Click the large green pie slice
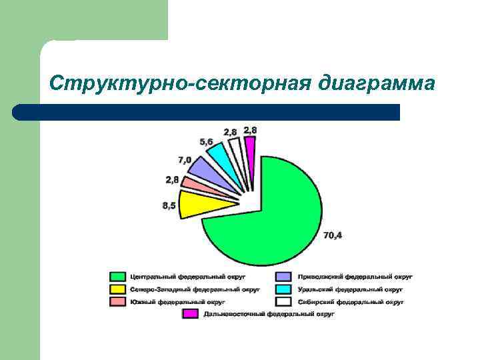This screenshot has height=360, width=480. [x=280, y=213]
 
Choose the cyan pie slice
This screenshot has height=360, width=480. [x=220, y=156]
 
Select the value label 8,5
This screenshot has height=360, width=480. [x=169, y=206]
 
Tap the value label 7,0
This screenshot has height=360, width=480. [x=185, y=160]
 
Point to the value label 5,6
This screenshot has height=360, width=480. [x=207, y=142]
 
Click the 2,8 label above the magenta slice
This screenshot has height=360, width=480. [x=251, y=129]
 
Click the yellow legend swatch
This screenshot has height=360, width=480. [x=118, y=289]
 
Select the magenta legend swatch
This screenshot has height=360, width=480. [x=191, y=313]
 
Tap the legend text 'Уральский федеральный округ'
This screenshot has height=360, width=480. [x=350, y=289]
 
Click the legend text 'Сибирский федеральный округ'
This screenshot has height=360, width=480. [x=351, y=301]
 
